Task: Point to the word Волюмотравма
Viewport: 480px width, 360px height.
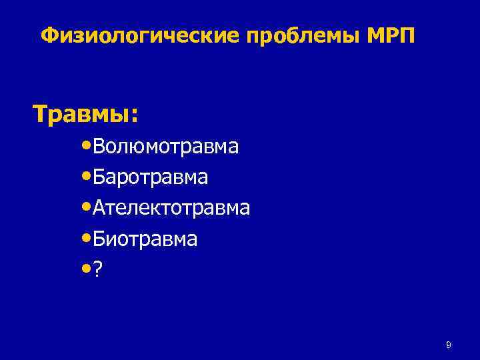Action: [165, 146]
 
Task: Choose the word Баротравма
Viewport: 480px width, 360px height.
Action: [151, 177]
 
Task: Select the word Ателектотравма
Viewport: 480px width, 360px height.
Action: [171, 208]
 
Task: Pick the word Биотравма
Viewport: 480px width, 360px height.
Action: [145, 239]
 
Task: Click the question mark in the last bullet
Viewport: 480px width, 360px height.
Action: [98, 270]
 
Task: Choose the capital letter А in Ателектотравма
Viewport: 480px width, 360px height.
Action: [100, 208]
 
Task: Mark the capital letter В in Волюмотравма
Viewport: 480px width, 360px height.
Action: [100, 146]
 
